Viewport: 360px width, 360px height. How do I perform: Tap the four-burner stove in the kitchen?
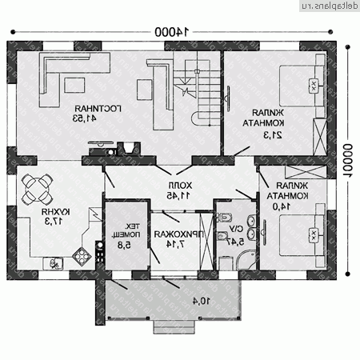[x=82, y=257]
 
